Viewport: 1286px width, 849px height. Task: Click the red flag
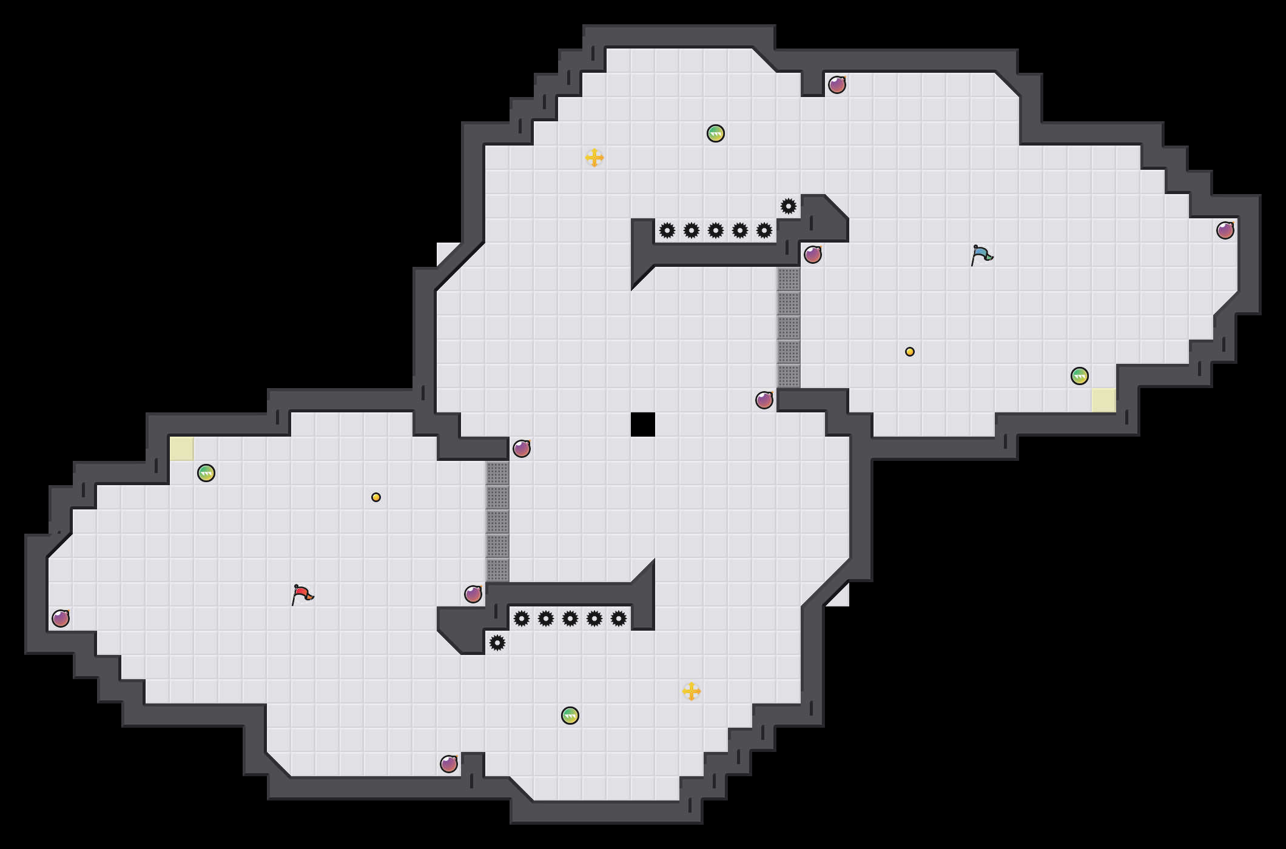click(x=301, y=594)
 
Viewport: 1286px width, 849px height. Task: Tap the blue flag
click(x=981, y=255)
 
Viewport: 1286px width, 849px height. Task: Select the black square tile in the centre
click(x=643, y=424)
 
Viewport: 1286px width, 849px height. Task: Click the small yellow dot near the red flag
click(x=376, y=497)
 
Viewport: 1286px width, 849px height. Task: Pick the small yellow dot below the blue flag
click(x=910, y=352)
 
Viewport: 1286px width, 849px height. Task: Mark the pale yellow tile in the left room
click(x=182, y=449)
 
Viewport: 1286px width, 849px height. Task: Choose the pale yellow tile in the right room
click(x=1104, y=400)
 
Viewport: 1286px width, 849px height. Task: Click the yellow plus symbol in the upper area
click(x=594, y=158)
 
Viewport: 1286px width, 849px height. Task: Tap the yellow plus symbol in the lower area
click(x=692, y=691)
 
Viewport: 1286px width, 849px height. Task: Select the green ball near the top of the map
click(x=716, y=133)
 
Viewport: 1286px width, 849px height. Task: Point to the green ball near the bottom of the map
click(x=570, y=716)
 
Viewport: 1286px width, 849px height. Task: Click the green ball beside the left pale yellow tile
click(x=206, y=473)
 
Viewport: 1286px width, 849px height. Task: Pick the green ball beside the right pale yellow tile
click(x=1080, y=376)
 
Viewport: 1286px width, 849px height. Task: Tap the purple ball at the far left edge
click(x=61, y=619)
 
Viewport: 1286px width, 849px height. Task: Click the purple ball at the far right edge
click(x=1225, y=230)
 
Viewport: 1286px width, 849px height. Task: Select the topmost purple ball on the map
click(x=837, y=85)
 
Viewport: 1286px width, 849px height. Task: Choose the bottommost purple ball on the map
click(x=449, y=764)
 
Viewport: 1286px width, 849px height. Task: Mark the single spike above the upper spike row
click(x=789, y=206)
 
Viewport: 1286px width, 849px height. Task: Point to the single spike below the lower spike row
click(x=497, y=643)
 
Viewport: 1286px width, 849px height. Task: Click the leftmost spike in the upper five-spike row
click(x=667, y=230)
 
